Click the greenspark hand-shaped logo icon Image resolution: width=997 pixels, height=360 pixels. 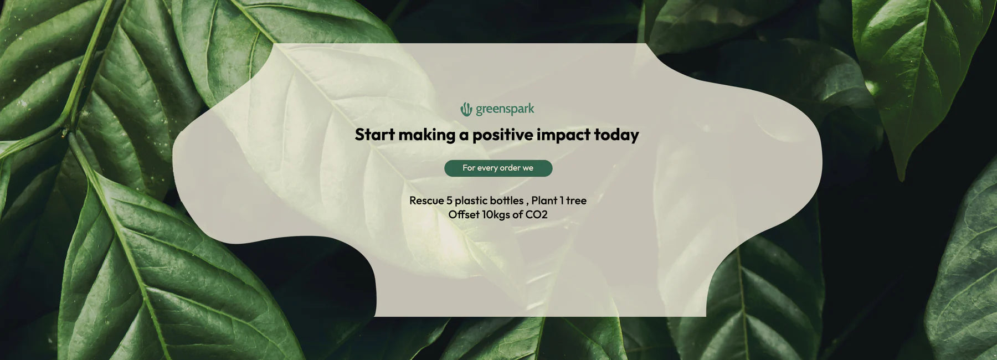(x=466, y=110)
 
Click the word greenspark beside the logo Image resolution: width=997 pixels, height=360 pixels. (x=505, y=109)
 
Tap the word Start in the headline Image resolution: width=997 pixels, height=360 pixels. (x=374, y=135)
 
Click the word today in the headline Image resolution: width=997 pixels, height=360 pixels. (x=616, y=135)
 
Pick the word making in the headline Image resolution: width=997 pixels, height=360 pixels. (x=426, y=135)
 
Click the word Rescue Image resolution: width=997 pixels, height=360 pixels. (x=426, y=200)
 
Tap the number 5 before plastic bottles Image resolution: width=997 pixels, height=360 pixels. (x=449, y=200)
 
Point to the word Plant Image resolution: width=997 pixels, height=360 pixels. (x=544, y=200)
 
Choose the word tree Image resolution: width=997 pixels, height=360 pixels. (x=576, y=200)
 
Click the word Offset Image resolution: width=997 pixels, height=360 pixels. (x=464, y=214)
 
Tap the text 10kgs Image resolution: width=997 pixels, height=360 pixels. (x=496, y=215)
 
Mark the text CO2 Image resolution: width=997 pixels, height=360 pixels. (x=536, y=215)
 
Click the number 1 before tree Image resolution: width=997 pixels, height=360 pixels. (x=562, y=200)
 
